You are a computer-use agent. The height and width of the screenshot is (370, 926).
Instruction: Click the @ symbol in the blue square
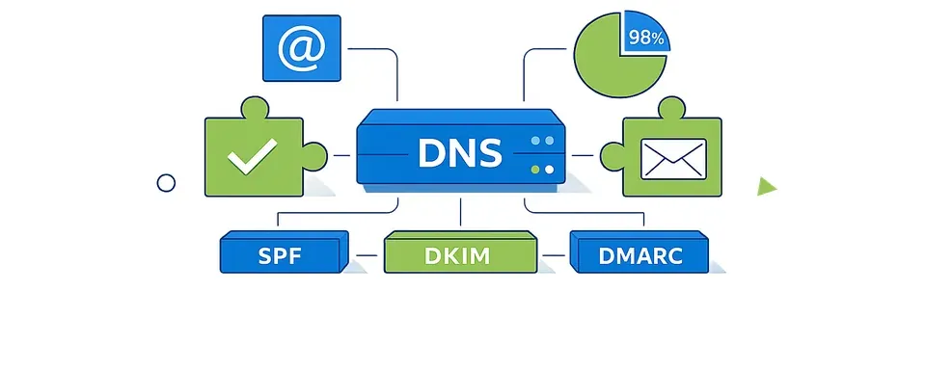click(302, 48)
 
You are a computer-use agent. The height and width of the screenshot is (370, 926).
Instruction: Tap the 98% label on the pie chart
click(645, 39)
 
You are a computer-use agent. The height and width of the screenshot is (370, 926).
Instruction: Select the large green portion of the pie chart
click(612, 63)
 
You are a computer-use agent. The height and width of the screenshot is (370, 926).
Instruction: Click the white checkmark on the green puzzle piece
click(253, 156)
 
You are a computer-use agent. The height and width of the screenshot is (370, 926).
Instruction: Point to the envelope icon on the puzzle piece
click(673, 157)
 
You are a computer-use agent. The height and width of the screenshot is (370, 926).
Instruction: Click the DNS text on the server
click(459, 153)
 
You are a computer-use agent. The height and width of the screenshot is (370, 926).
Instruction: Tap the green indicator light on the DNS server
click(534, 170)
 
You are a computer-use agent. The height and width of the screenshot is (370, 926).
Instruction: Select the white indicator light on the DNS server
click(550, 170)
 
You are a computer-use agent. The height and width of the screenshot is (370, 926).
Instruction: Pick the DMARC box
click(640, 255)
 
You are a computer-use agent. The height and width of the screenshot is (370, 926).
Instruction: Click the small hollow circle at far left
click(166, 182)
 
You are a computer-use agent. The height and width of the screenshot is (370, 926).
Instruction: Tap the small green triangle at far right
click(767, 186)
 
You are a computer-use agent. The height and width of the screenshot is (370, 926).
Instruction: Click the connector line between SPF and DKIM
click(368, 257)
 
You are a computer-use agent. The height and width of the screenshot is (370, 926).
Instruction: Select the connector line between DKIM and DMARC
click(554, 257)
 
